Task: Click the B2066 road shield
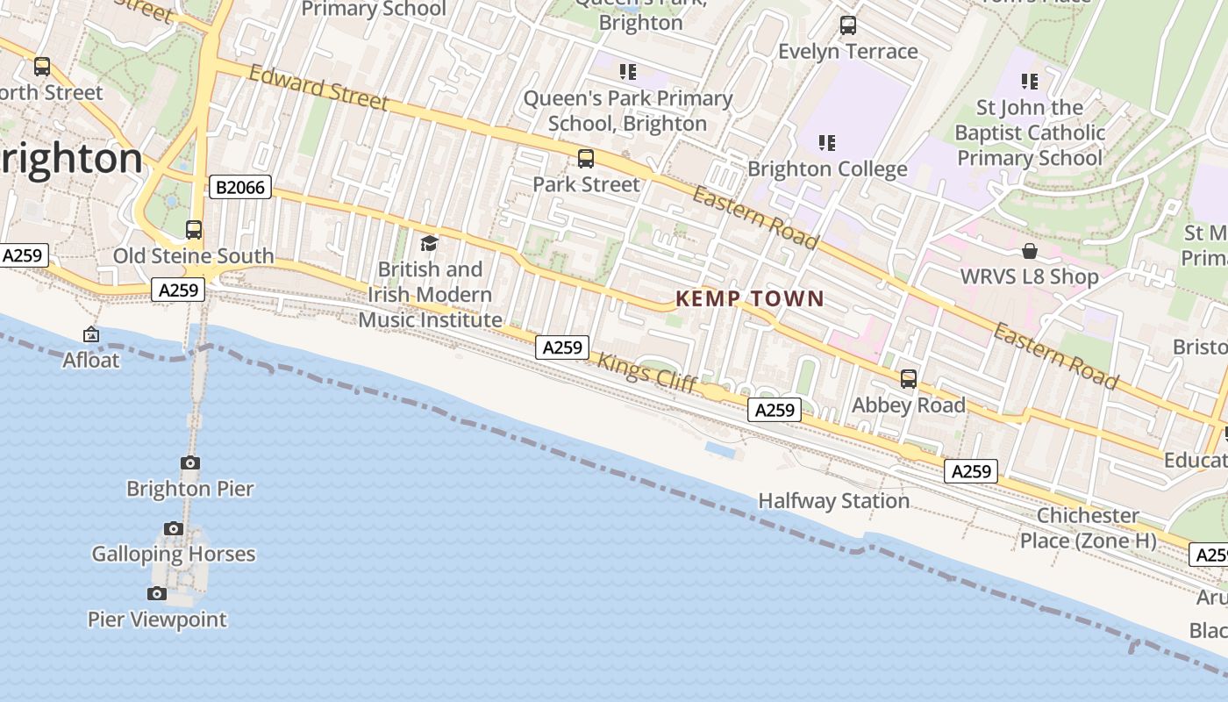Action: coord(240,187)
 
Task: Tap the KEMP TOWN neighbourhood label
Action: coord(750,299)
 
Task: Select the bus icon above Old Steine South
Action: coord(194,230)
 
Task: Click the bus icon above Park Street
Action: coord(586,159)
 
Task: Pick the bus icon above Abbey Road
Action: coord(909,379)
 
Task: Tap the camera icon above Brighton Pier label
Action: coord(190,462)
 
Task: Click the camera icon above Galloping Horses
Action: coord(174,528)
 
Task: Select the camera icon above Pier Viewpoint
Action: coord(157,593)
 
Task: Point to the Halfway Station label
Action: coord(833,501)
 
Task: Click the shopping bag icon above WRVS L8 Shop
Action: coord(1030,252)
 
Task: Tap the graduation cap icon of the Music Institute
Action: coord(429,243)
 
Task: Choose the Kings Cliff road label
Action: coord(646,372)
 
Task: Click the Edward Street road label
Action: coord(318,88)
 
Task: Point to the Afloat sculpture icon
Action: coord(91,334)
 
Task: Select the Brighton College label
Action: coord(827,168)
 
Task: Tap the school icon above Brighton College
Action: coord(826,142)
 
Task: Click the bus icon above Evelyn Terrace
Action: coord(848,25)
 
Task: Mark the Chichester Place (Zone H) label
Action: coord(1088,527)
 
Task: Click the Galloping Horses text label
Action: coord(174,555)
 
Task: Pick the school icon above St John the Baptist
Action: coord(1030,82)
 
